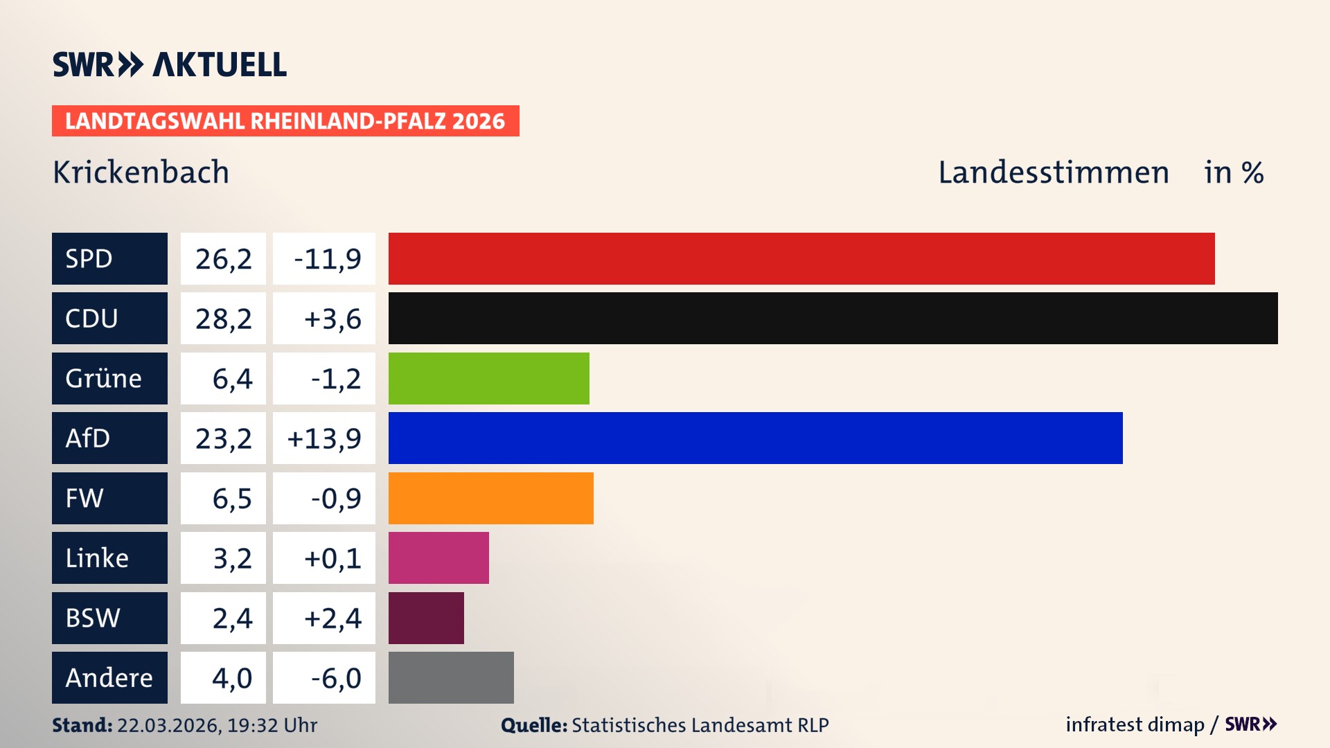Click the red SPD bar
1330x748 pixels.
pos(801,258)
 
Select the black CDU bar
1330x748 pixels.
pos(833,318)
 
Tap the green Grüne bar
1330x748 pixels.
pos(488,378)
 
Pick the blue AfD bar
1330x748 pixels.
pos(755,438)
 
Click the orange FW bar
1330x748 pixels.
pos(490,498)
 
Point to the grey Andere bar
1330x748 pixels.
pos(451,677)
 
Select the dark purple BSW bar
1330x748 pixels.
pos(426,618)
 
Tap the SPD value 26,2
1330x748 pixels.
pos(223,258)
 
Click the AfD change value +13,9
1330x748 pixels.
pos(324,438)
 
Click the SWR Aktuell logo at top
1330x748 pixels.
pos(170,64)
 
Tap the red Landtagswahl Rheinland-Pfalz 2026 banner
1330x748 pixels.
pos(285,121)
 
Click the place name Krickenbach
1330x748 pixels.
pos(141,172)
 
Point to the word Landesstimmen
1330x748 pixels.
pos(1053,172)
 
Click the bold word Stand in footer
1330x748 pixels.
pos(82,725)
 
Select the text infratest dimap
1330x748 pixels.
pos(1134,724)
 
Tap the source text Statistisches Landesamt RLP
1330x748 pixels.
pos(700,725)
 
